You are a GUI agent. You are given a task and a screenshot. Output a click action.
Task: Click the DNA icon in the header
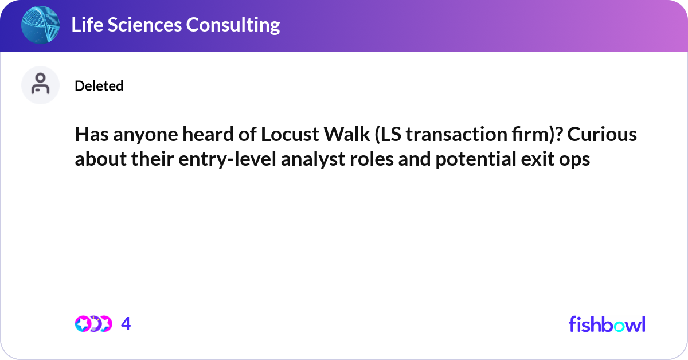point(40,25)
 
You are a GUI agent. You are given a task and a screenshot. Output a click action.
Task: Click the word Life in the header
point(85,25)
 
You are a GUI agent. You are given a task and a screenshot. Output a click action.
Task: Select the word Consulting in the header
point(237,25)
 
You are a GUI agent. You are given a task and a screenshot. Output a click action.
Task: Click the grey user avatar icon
point(40,85)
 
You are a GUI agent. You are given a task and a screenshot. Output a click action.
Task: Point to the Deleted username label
point(99,86)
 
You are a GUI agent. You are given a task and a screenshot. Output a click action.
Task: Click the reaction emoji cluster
point(92,324)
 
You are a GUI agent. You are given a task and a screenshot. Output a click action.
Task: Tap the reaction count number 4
point(126,324)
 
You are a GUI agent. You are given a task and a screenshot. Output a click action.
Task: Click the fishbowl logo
point(607,324)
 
